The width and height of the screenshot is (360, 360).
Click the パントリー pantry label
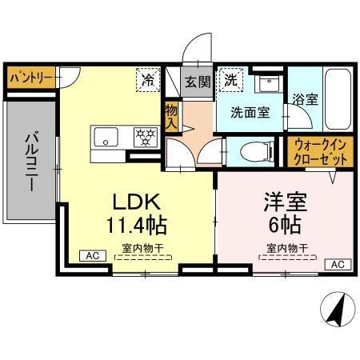[x=31, y=78]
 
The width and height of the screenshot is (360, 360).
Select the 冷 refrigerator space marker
[x=148, y=79]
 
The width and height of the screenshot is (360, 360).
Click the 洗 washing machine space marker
[x=230, y=79]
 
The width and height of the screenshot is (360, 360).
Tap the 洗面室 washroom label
[x=250, y=112]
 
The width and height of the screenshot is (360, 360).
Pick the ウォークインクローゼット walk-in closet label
[x=321, y=152]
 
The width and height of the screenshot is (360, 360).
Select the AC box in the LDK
[x=92, y=256]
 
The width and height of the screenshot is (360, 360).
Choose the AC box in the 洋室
[x=336, y=264]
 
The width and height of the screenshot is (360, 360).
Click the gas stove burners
[x=144, y=137]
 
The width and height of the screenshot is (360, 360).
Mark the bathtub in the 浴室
[x=337, y=102]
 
